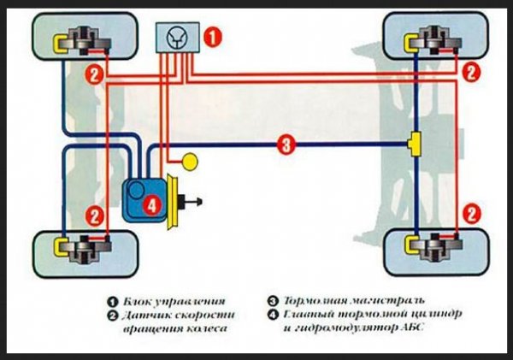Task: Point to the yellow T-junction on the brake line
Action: click(416, 145)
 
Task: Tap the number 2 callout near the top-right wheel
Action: click(469, 74)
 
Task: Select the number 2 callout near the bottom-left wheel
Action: click(95, 216)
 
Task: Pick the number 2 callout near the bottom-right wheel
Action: click(469, 210)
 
